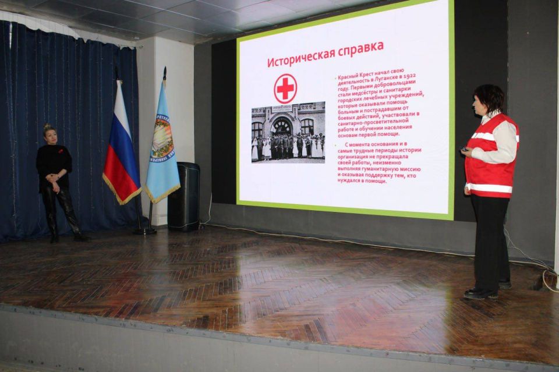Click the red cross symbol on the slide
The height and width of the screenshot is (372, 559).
click(285, 88)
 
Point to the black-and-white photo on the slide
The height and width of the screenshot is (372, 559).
click(288, 132)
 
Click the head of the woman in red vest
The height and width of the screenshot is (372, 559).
click(488, 100)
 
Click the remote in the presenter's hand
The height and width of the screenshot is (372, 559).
click(464, 150)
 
